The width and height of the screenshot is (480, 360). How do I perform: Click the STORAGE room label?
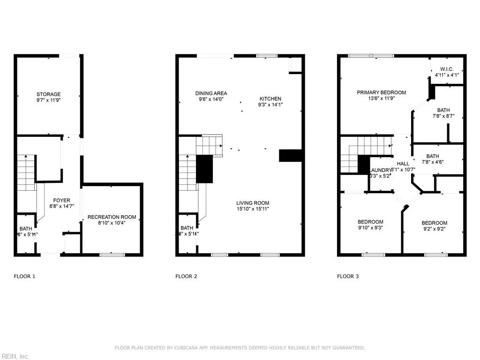[49, 94]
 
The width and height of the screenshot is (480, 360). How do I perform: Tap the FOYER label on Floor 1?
[61, 200]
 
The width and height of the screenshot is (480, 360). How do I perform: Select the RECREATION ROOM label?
[112, 217]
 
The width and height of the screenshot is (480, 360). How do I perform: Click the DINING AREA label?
[211, 93]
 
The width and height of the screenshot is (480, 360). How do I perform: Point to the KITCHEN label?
[270, 99]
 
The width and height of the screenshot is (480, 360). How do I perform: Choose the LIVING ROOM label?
[253, 203]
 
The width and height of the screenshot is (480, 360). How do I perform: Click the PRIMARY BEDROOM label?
[381, 92]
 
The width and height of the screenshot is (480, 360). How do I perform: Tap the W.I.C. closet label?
[447, 69]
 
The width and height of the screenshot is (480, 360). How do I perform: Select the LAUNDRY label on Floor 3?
[380, 170]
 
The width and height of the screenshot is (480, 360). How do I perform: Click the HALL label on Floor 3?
[403, 164]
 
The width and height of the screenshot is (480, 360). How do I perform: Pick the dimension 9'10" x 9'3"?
[370, 228]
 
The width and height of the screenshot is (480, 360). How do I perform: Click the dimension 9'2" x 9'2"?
[434, 229]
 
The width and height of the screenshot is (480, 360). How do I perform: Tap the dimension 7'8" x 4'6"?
[433, 162]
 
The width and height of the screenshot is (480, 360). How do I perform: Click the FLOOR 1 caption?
[24, 277]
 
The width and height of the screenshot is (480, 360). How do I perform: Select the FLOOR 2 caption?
[186, 277]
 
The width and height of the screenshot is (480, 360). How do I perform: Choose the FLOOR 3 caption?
[348, 277]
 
